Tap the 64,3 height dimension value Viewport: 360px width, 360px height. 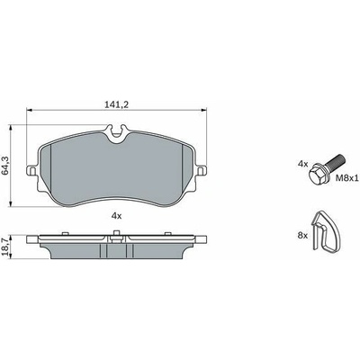5,166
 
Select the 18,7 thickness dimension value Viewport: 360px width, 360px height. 5,247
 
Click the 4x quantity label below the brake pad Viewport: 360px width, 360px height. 116,215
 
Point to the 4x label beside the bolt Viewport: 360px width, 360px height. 303,164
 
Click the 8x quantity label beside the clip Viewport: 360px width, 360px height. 303,236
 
